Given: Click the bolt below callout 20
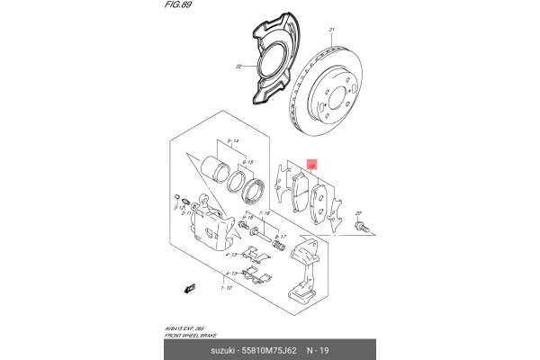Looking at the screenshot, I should (x=362, y=229).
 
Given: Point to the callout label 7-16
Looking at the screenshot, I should (x=264, y=213).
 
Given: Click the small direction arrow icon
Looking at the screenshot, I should (x=189, y=289).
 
